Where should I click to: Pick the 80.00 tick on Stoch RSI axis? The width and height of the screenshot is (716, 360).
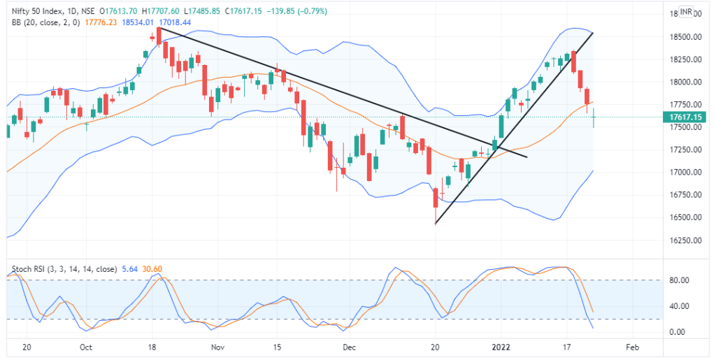(x=678, y=280)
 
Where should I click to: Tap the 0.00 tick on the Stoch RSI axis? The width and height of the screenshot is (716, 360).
(x=675, y=331)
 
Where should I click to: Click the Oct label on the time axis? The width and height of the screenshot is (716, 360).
(x=86, y=347)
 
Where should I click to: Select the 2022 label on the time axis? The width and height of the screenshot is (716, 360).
(x=501, y=347)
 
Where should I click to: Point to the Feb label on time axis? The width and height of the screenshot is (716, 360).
(x=631, y=347)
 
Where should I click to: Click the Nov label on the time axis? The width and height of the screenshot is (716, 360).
(x=217, y=347)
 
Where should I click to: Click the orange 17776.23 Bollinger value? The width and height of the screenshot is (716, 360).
(x=101, y=23)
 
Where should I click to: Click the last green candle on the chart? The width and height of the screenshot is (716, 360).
(x=594, y=118)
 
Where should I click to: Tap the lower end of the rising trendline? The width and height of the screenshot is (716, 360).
(x=436, y=224)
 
